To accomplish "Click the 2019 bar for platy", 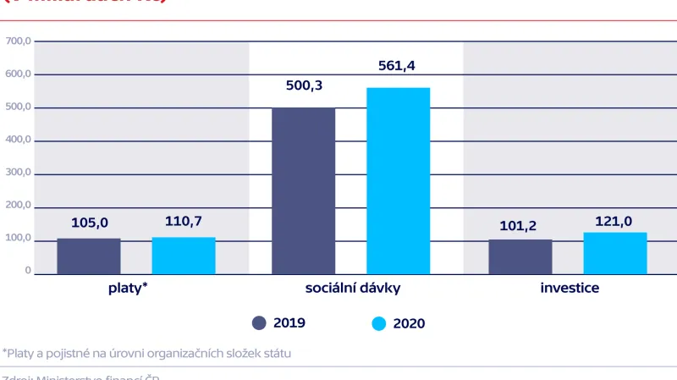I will (x=89, y=256).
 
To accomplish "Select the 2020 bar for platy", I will (x=184, y=256).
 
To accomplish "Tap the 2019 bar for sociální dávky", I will (x=303, y=190).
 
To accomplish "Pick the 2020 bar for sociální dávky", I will (x=398, y=181).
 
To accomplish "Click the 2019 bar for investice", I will (x=520, y=257).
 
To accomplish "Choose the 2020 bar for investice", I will (x=615, y=253).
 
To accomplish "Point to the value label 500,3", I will (x=303, y=86).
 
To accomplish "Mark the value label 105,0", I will (x=89, y=223).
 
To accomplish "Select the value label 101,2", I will (x=520, y=225).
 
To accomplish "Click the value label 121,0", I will (x=615, y=218).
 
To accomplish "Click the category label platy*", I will (x=129, y=289).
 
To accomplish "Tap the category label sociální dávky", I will (x=352, y=289).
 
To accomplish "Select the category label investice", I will (x=570, y=289).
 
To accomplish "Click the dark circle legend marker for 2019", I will (x=260, y=322).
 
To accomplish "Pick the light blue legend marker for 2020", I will (x=378, y=322).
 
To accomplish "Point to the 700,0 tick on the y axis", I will (x=18, y=41).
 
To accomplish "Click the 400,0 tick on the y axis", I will (x=18, y=140).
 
